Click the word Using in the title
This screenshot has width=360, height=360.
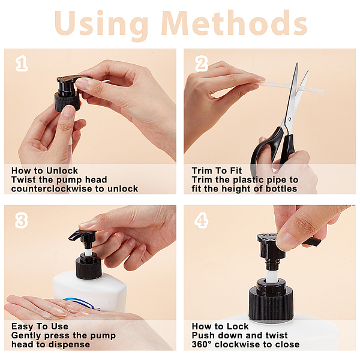tap(101, 25)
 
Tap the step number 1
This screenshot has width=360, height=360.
tap(22, 64)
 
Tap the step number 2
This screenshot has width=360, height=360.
tap(202, 64)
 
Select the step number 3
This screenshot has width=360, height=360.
tap(22, 221)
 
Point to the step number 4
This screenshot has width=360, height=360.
tap(202, 221)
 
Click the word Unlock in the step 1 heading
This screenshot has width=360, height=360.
tap(62, 170)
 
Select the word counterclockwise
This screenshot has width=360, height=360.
tap(52, 189)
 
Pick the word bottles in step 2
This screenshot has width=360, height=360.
tap(281, 189)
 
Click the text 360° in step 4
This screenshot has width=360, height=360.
tap(202, 344)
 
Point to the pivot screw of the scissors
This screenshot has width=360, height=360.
tap(290, 119)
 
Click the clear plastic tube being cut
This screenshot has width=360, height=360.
tap(292, 87)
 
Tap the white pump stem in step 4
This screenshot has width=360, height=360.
tap(272, 275)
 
